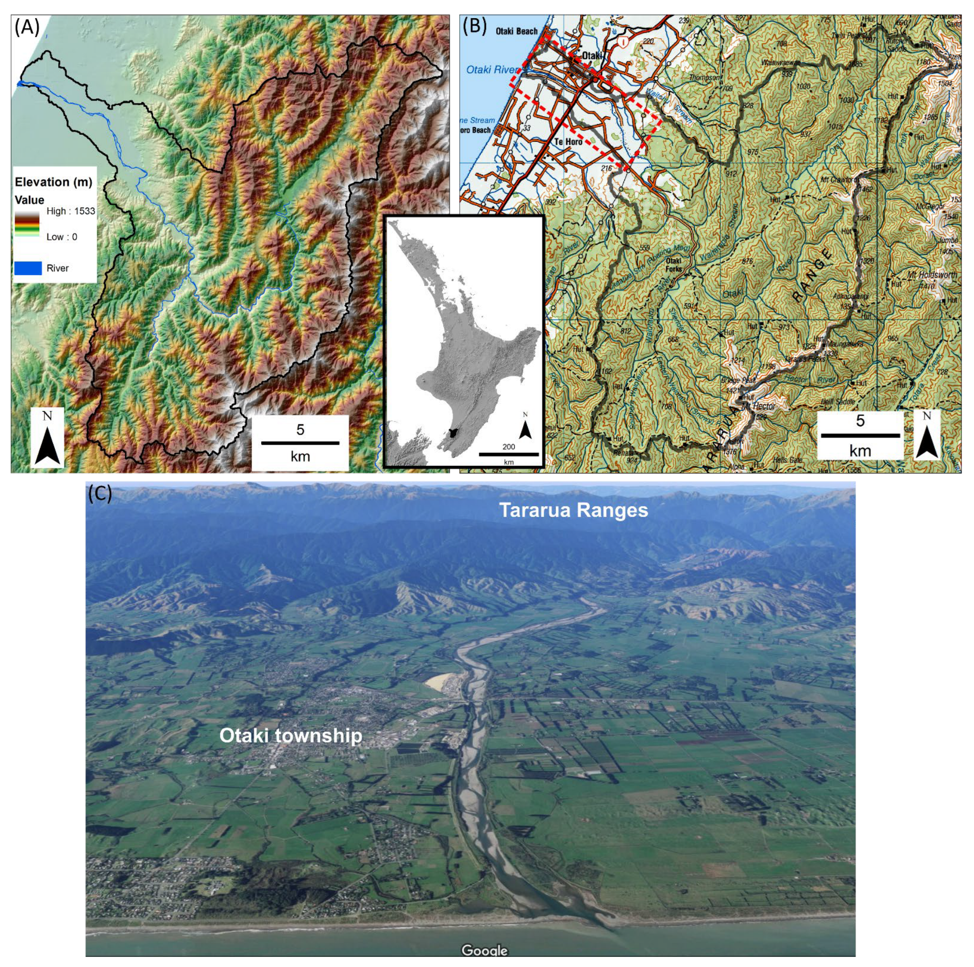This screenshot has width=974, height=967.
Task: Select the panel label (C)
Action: pos(100,493)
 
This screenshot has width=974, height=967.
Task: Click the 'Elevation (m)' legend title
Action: pos(53,182)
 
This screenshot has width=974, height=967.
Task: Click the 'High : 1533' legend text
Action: pos(71,211)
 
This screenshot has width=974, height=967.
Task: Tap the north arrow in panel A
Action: pos(47,438)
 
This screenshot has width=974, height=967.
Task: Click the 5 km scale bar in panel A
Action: pos(300,443)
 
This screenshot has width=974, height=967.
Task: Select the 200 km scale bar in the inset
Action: pos(508,454)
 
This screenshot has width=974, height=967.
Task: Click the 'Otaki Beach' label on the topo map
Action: pos(516,31)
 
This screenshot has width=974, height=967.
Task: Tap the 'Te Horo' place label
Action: pos(568,142)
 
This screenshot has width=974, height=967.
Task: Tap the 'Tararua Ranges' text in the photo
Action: pos(573,510)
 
